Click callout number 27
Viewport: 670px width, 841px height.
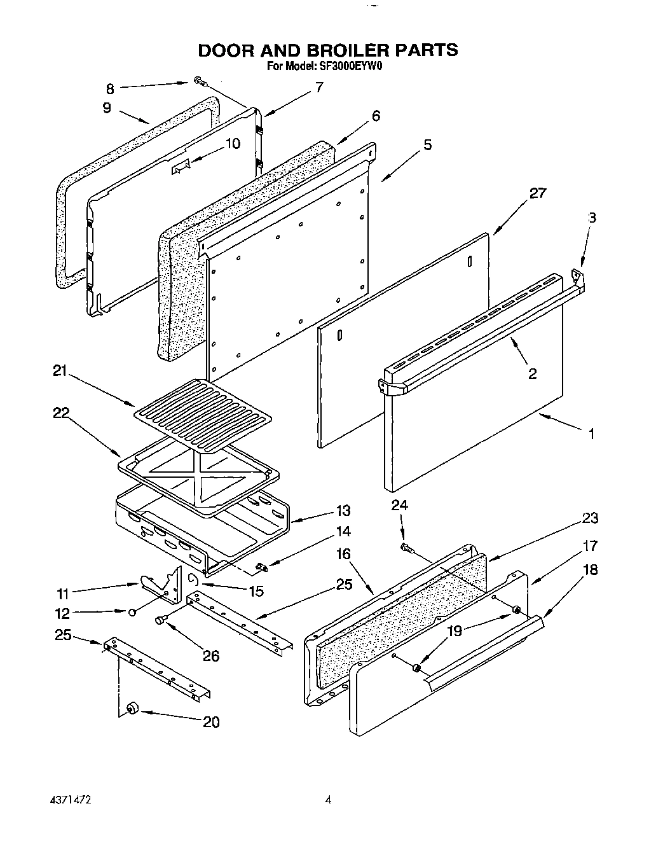[x=537, y=193]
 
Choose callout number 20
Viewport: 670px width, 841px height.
[x=211, y=722]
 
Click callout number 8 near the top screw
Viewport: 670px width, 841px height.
[x=109, y=88]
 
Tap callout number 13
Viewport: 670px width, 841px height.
[x=343, y=510]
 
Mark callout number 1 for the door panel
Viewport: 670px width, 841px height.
[x=591, y=434]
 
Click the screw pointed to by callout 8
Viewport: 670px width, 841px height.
[x=199, y=81]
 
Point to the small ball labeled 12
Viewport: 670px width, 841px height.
[x=132, y=612]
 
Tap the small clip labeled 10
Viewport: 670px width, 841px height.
[x=180, y=167]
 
